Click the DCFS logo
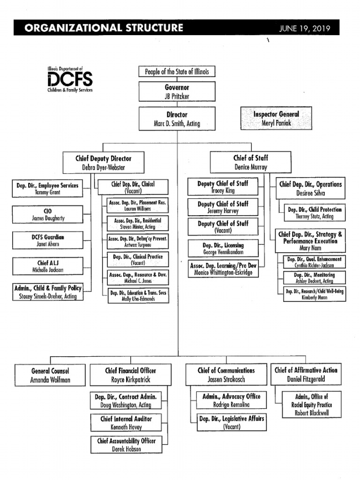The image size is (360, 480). (70, 79)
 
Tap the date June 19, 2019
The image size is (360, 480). (305, 28)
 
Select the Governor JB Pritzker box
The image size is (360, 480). (177, 92)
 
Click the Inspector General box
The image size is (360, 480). (276, 119)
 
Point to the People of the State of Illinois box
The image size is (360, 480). (177, 72)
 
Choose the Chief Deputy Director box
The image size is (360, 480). (104, 163)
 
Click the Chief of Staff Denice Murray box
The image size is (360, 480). (251, 163)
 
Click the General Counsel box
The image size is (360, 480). (50, 375)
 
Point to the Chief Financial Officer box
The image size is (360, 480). (130, 375)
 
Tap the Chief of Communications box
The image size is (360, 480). (226, 375)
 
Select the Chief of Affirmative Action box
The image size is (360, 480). (306, 375)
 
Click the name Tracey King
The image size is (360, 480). (223, 191)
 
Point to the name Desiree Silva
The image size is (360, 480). (310, 193)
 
